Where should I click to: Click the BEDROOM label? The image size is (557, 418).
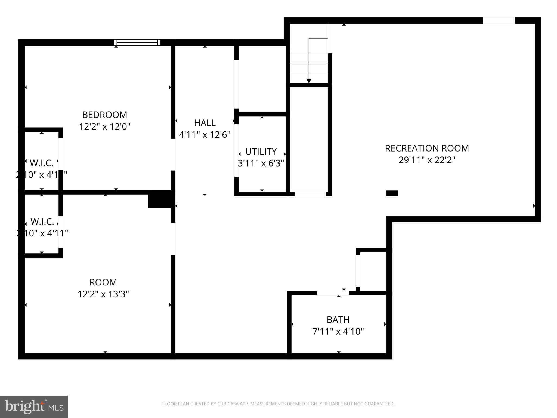click(x=104, y=115)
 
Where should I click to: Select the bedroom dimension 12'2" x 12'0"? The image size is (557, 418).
click(x=104, y=127)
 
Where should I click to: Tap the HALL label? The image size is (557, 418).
click(x=205, y=123)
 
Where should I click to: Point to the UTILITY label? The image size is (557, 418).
click(x=261, y=151)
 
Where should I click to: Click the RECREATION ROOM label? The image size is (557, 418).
click(x=427, y=148)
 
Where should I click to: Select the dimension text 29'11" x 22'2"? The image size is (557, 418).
click(x=427, y=160)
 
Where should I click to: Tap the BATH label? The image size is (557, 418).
click(x=338, y=320)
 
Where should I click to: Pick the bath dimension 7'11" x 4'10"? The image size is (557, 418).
click(x=338, y=331)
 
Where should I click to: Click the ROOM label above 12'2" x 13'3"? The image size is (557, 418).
click(x=103, y=282)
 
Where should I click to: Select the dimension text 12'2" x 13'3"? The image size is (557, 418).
click(x=103, y=294)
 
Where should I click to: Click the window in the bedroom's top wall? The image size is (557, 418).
click(x=137, y=42)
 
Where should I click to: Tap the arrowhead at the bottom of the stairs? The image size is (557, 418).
click(x=309, y=81)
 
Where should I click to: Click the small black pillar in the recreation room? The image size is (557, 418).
click(x=392, y=193)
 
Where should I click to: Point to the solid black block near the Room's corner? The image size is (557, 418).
click(x=160, y=199)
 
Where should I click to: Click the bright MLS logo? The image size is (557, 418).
click(x=34, y=407)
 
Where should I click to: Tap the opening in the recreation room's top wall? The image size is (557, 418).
click(x=499, y=21)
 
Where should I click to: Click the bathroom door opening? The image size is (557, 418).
click(x=333, y=293)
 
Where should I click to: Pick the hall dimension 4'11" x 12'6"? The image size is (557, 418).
click(x=205, y=135)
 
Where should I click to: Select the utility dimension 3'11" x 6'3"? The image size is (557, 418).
click(x=261, y=163)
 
